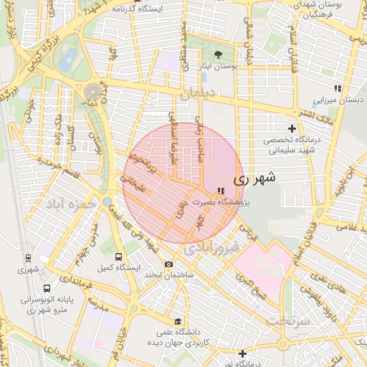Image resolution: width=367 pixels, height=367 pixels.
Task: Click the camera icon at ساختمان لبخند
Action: pos(169,264)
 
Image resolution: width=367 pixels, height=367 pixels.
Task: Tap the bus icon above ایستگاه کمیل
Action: pos(119,257)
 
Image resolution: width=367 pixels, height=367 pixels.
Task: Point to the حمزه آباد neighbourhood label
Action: pos(71,204)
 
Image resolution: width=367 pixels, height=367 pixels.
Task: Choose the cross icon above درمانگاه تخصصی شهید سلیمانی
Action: pos(291,128)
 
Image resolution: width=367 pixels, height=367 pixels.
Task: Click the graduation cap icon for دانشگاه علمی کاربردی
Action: pos(178,321)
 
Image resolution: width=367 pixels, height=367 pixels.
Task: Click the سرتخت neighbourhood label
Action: pos(289,320)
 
